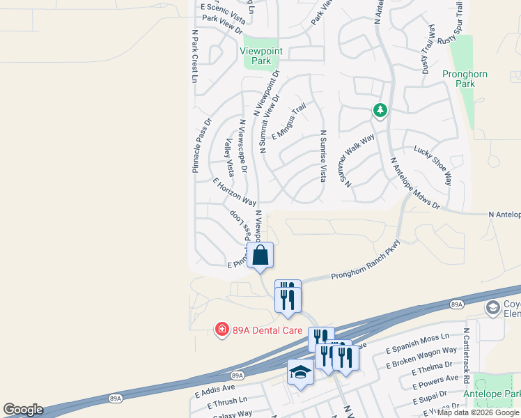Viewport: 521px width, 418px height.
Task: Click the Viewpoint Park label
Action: click(256, 56)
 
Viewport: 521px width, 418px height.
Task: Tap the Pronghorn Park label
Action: click(465, 79)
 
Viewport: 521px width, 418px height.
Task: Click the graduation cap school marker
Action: click(300, 372)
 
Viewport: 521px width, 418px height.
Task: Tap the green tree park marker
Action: click(380, 110)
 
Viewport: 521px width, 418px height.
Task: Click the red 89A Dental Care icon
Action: click(221, 328)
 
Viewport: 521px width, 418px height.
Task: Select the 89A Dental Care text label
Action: click(260, 328)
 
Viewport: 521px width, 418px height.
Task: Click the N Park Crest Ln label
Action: click(194, 56)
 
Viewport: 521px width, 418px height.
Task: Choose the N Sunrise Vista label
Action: click(323, 155)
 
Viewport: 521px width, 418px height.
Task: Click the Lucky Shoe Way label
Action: click(433, 161)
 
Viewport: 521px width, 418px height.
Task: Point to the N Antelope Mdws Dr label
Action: click(415, 183)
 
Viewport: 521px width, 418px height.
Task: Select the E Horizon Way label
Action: click(235, 192)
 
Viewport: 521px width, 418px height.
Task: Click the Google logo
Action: click(23, 410)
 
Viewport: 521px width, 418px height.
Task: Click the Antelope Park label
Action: click(497, 395)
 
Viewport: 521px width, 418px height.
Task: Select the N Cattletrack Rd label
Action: click(467, 350)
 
